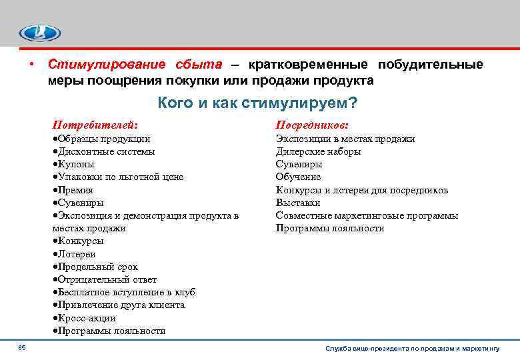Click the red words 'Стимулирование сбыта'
pyautogui.click(x=133, y=65)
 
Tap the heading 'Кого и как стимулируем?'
pyautogui.click(x=257, y=103)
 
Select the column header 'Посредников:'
pyautogui.click(x=312, y=125)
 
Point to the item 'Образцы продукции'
pyautogui.click(x=101, y=139)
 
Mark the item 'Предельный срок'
pyautogui.click(x=95, y=267)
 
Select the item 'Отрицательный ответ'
pyautogui.click(x=104, y=279)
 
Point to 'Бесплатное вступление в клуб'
pyautogui.click(x=124, y=292)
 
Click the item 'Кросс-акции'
pyautogui.click(x=83, y=318)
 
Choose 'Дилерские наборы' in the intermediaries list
pyautogui.click(x=318, y=151)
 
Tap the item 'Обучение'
pyautogui.click(x=298, y=177)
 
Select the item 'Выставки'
pyautogui.click(x=298, y=203)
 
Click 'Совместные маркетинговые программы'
pyautogui.click(x=367, y=215)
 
